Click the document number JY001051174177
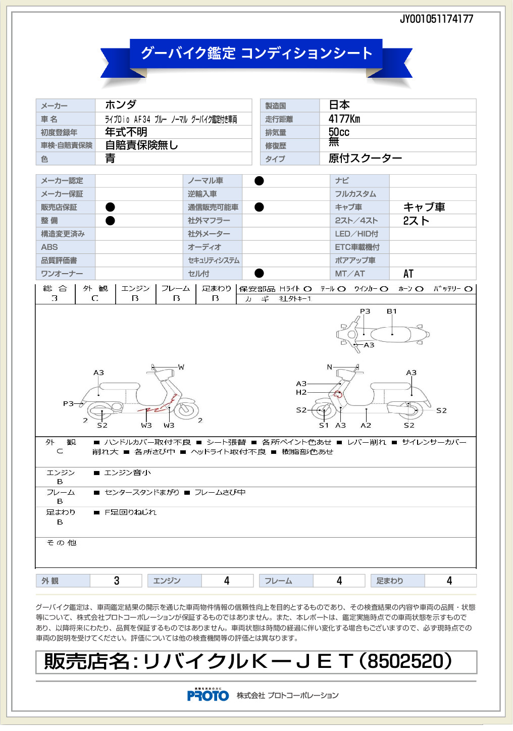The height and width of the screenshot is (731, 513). click(436, 19)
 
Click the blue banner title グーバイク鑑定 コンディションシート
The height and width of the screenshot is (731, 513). click(256, 53)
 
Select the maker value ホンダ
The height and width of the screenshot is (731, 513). click(121, 105)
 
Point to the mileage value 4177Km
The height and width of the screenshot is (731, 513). click(344, 119)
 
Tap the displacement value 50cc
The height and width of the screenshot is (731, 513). click(339, 132)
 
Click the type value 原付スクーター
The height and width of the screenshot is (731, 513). click(365, 158)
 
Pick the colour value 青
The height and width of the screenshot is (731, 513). click(110, 159)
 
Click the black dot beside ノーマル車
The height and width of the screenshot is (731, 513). click(259, 181)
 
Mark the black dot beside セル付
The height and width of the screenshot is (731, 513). click(259, 273)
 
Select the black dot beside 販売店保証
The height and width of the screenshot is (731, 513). click(110, 207)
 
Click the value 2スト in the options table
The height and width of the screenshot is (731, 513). click(416, 221)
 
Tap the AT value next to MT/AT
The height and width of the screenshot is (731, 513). click(408, 274)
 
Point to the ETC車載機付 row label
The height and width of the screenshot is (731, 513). click(357, 247)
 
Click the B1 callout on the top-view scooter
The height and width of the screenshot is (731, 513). click(392, 311)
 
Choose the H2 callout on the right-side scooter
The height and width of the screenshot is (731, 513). click(301, 392)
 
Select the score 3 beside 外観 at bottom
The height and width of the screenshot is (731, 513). click(117, 581)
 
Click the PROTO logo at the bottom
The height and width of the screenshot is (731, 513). click(208, 695)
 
